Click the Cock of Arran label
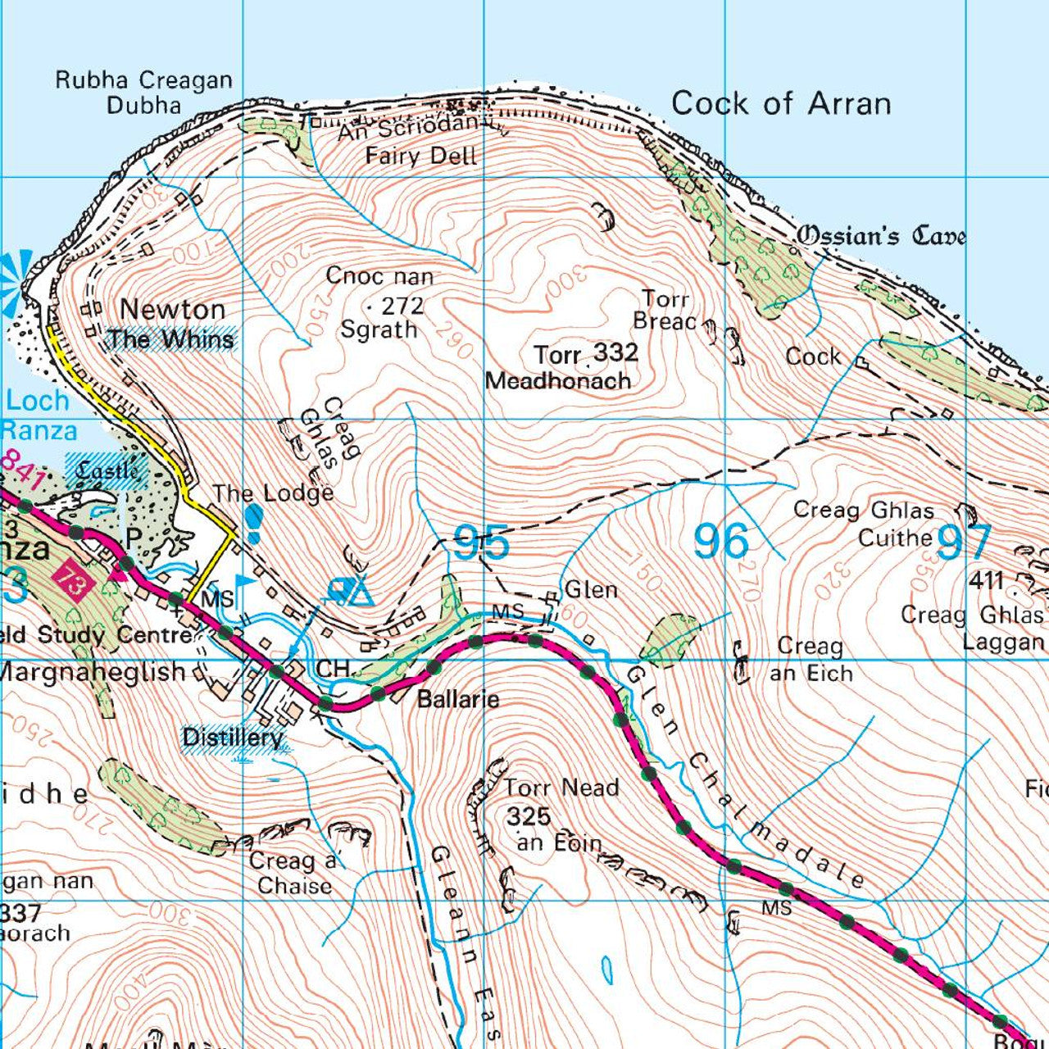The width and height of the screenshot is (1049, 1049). pyautogui.click(x=780, y=104)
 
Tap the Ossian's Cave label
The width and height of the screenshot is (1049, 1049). pyautogui.click(x=881, y=236)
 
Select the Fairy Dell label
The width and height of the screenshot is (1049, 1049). pyautogui.click(x=420, y=156)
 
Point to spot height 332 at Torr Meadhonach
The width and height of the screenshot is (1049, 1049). pyautogui.click(x=615, y=353)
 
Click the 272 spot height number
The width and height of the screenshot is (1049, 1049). pyautogui.click(x=403, y=306)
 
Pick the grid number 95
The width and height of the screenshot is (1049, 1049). pyautogui.click(x=481, y=543)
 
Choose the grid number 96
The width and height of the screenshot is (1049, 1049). pyautogui.click(x=721, y=542)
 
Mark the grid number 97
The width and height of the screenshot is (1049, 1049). pyautogui.click(x=964, y=542)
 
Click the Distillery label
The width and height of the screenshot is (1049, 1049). pyautogui.click(x=233, y=738)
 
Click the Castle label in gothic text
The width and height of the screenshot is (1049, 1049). pyautogui.click(x=109, y=471)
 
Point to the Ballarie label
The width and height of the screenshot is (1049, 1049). pyautogui.click(x=457, y=700)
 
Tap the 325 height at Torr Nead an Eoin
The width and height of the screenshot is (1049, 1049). pyautogui.click(x=529, y=816)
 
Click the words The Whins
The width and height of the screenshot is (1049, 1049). pyautogui.click(x=171, y=339)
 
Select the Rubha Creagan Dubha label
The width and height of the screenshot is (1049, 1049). pyautogui.click(x=143, y=92)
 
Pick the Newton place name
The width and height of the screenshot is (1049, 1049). pyautogui.click(x=172, y=310)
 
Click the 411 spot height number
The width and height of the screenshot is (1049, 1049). pyautogui.click(x=986, y=581)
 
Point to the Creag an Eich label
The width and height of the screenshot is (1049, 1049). pyautogui.click(x=811, y=660)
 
